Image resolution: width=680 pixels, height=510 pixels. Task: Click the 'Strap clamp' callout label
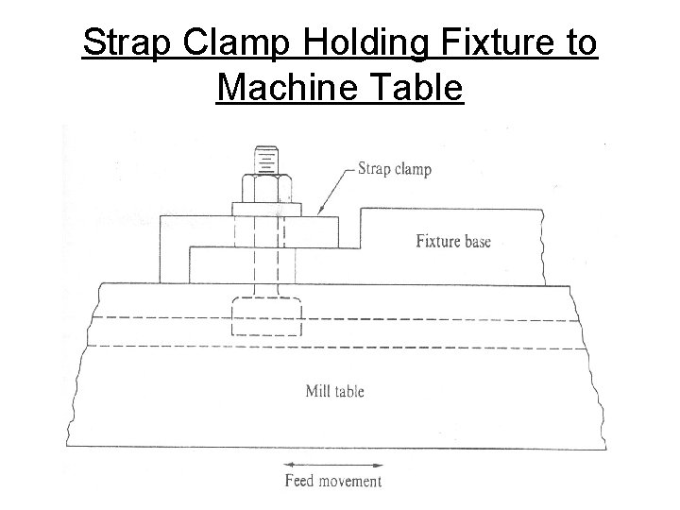pyautogui.click(x=394, y=170)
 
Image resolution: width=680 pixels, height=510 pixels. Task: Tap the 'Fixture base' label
pyautogui.click(x=453, y=241)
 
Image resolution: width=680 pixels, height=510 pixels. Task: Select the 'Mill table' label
pyautogui.click(x=335, y=391)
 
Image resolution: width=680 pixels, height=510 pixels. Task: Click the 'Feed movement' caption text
pyautogui.click(x=333, y=482)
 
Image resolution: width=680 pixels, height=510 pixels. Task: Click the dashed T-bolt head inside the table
pyautogui.click(x=266, y=317)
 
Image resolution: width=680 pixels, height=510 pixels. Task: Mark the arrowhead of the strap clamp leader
pyautogui.click(x=322, y=212)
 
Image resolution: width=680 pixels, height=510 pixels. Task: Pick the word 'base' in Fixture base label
pyautogui.click(x=475, y=241)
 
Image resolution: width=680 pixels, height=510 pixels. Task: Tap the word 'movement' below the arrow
pyautogui.click(x=349, y=482)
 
